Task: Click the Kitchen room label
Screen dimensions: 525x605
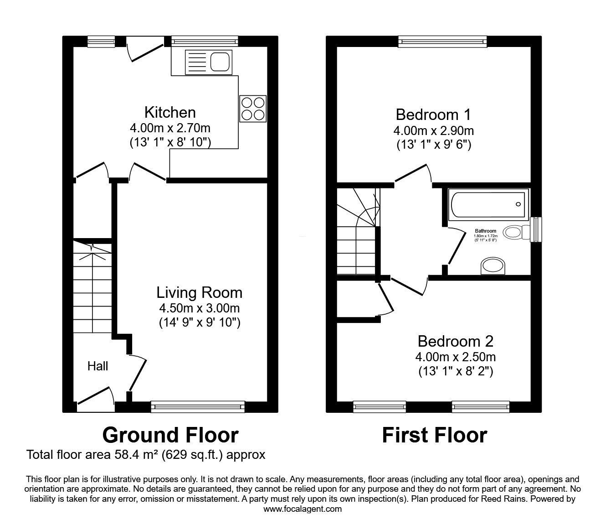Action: pos(170,112)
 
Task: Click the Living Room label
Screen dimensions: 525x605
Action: pos(200,292)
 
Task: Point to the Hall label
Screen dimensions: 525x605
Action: pos(98,366)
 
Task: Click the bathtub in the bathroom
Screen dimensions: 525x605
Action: pos(487,204)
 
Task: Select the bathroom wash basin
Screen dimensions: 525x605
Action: pos(493,266)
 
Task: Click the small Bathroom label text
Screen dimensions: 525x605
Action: pos(486,231)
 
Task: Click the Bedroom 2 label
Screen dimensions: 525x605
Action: pos(456,341)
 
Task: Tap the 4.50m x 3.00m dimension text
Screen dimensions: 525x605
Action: pos(200,308)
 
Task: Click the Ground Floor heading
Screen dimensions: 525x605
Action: pos(170,435)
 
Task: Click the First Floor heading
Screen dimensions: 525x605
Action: pos(434,435)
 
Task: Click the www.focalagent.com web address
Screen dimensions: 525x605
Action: pos(302,509)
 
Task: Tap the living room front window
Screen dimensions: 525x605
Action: pos(198,406)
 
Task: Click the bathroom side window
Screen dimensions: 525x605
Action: pos(537,228)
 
